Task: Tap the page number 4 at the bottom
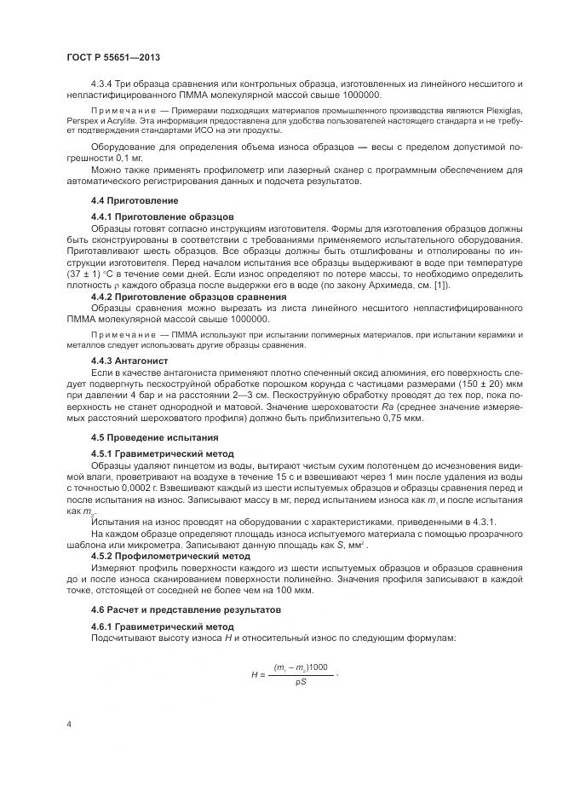click(68, 723)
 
